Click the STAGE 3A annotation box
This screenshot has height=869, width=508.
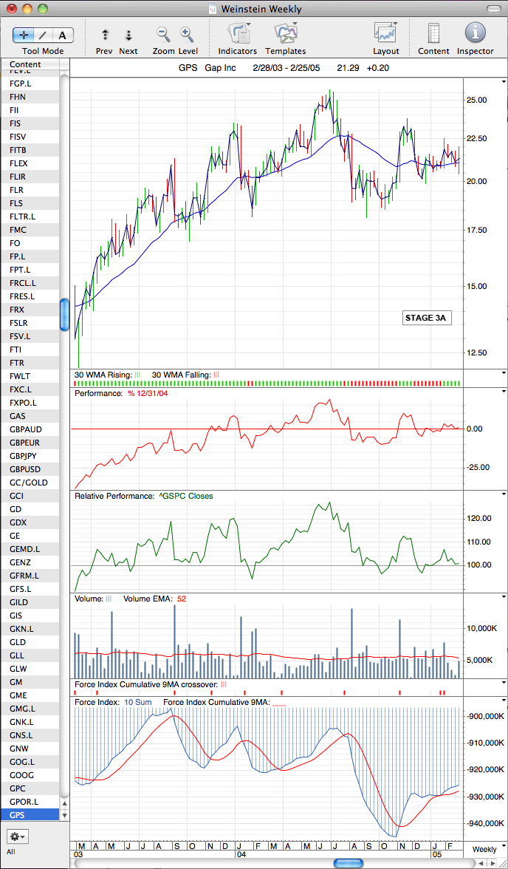(x=425, y=318)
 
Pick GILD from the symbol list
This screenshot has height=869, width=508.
(x=19, y=602)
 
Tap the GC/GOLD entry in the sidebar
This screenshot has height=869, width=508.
(x=28, y=482)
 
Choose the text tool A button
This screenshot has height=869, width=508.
(x=63, y=35)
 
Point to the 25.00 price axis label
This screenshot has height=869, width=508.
(x=478, y=100)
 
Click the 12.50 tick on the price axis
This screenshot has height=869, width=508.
(x=478, y=352)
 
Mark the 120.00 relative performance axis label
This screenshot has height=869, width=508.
(x=479, y=519)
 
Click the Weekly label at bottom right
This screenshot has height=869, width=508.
(x=484, y=849)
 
